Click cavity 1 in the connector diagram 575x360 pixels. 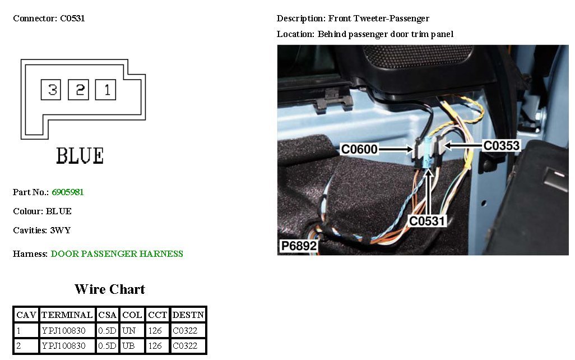105,90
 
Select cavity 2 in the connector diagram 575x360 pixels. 78,90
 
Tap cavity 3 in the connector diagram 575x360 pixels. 51,90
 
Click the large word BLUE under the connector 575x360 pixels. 80,156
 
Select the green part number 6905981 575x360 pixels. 68,192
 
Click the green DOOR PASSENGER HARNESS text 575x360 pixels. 117,254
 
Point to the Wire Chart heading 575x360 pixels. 110,289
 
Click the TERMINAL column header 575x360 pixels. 67,315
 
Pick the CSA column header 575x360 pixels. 108,315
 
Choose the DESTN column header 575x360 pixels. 188,315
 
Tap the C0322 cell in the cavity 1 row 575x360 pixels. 185,331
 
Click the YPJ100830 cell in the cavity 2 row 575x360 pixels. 63,346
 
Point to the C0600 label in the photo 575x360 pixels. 359,149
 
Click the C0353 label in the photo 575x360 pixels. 502,146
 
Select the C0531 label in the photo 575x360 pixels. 426,220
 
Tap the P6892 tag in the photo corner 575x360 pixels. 299,246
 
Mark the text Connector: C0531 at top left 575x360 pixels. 49,19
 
